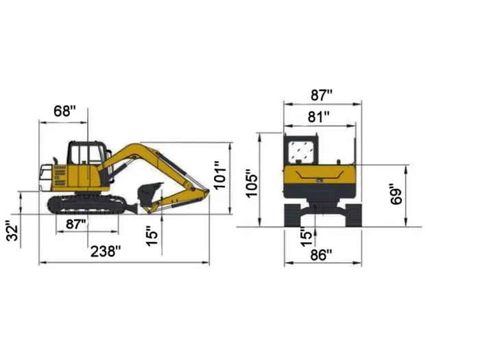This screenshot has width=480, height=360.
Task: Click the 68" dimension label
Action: pos(64,111)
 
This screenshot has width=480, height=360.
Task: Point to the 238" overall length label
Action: pos(106,252)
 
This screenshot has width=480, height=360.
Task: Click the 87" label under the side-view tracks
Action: pos(75,224)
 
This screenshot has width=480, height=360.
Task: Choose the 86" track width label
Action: pos(320,255)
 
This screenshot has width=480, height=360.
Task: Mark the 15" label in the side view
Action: pos(152,235)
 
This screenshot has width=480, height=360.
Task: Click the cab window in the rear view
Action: pos(300,151)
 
